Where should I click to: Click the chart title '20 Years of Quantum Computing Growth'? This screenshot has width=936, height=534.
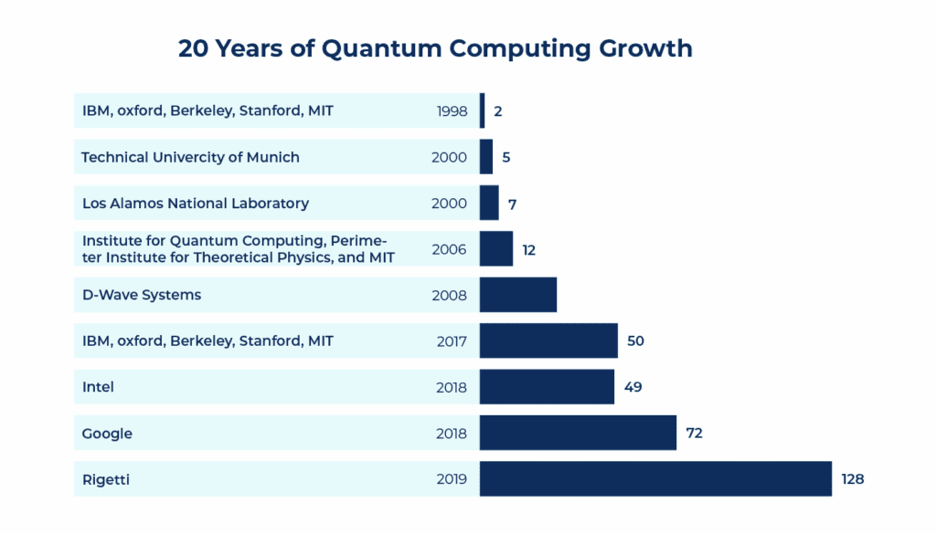pos(435,48)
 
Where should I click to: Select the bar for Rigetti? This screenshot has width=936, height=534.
pos(655,479)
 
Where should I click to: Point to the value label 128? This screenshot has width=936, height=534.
pos(853,479)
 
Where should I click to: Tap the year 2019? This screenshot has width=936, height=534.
pos(451,479)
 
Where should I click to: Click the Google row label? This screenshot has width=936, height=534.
pos(107,434)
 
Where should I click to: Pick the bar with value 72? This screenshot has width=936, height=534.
pos(578,433)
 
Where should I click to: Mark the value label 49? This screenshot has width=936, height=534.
pos(633,387)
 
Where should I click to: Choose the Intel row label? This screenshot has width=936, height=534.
pos(98,387)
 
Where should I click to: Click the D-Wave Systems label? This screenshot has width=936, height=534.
pos(142,295)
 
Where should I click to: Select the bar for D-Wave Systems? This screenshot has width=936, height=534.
pos(518,295)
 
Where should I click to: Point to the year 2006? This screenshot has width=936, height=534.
pos(449,249)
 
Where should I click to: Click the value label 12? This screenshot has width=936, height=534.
pos(529,249)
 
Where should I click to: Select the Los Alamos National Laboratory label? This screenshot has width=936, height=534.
pos(196,203)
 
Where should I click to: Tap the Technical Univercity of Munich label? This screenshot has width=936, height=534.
pos(190,157)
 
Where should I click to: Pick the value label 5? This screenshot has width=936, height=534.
pos(506,157)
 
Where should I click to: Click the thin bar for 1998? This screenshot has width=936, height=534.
pos(483,110)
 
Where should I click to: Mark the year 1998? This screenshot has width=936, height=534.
pos(452,111)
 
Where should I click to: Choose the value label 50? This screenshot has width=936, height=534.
pos(636,340)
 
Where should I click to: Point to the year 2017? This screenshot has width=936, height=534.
pos(451,341)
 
